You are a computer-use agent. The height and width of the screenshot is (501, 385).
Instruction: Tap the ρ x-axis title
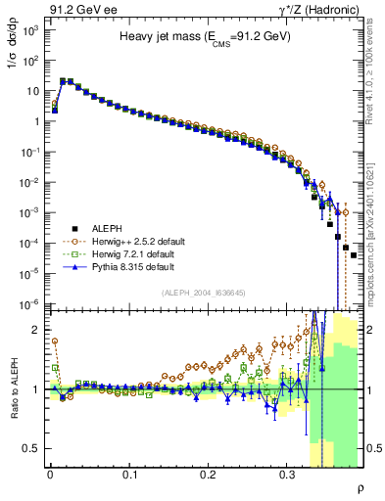point(361,487)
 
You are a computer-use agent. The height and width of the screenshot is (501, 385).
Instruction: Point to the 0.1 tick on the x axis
point(129,474)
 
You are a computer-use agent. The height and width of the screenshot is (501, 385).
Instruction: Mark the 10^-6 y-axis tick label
point(29,303)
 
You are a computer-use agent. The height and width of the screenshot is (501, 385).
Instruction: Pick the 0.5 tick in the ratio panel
point(32,448)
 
